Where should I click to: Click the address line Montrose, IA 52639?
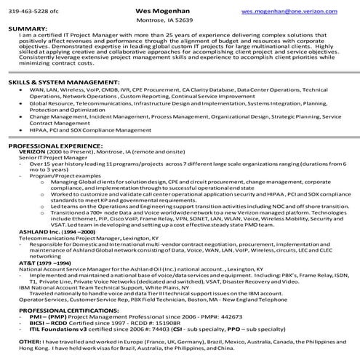[x=180, y=20]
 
